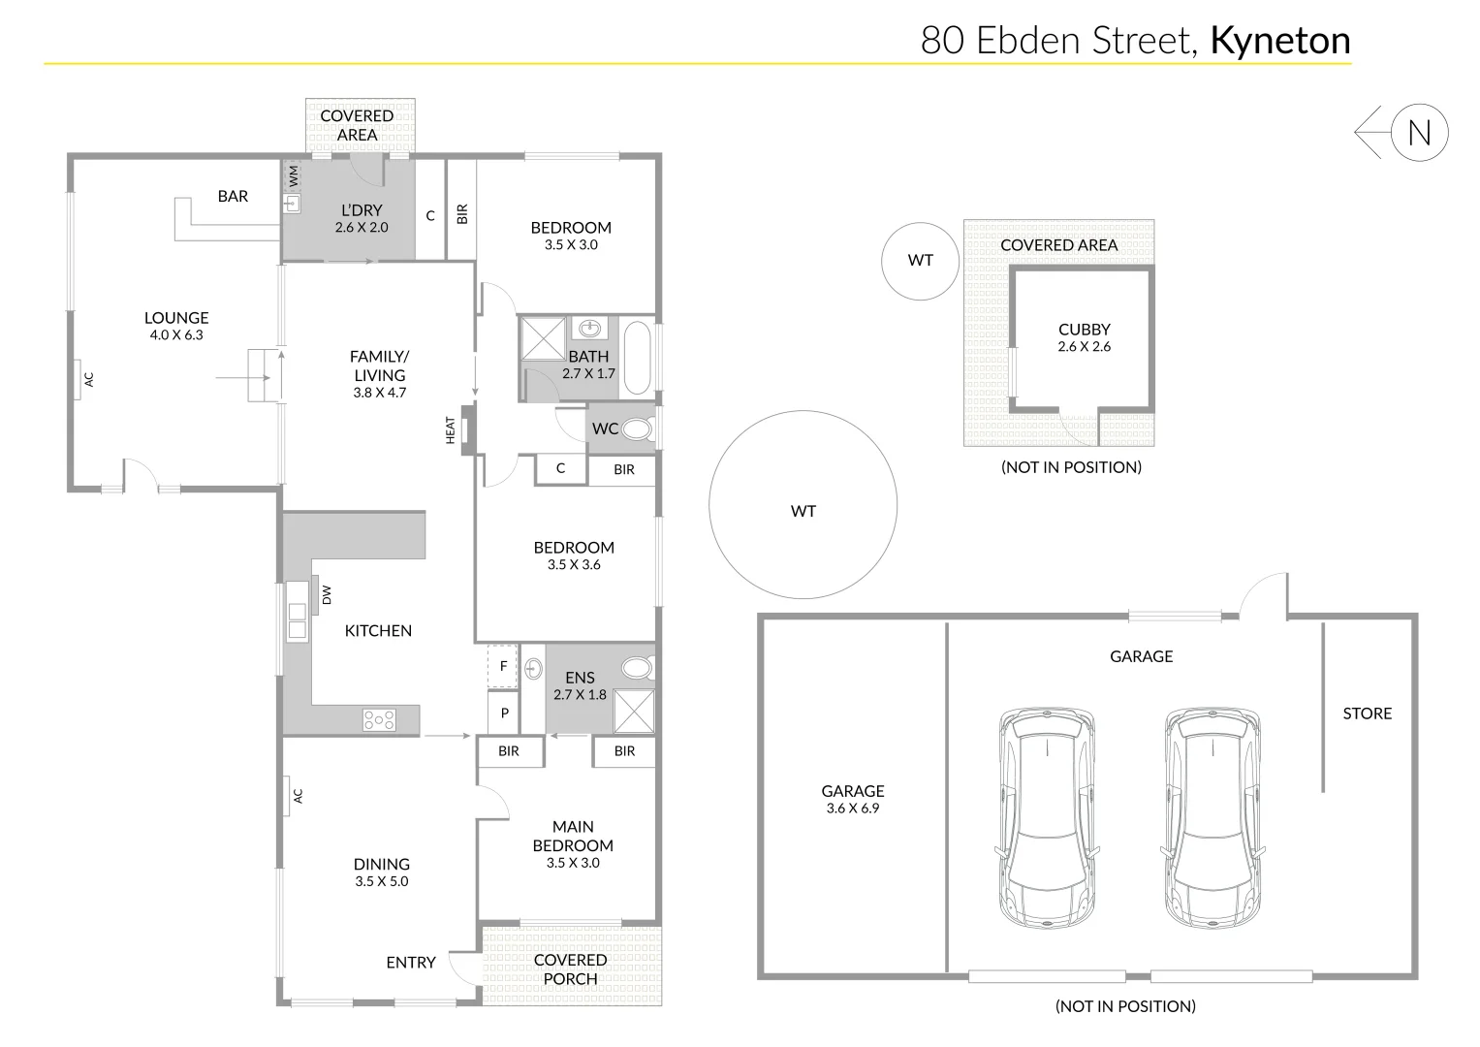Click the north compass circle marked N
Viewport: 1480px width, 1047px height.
tap(1419, 132)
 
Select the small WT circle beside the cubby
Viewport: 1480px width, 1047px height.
tap(920, 260)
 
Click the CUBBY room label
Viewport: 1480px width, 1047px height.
tap(1084, 330)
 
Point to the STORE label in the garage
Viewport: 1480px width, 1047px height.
tap(1367, 714)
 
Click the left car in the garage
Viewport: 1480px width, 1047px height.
tap(1048, 816)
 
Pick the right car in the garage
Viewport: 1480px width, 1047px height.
tap(1214, 816)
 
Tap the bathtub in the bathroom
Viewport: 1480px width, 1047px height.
tap(637, 357)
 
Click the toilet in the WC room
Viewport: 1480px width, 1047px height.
tap(637, 428)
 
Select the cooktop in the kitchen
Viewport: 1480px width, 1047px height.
tap(379, 719)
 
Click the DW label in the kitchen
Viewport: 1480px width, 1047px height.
tap(327, 594)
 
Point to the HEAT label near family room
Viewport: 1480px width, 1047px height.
tap(451, 430)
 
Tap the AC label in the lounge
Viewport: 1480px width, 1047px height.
tap(89, 379)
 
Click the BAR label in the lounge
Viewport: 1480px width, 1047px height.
tap(233, 197)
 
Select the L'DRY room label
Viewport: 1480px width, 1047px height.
tap(362, 210)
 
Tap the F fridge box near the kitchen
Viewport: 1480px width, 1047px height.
tap(503, 666)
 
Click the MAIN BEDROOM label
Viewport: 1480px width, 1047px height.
tap(573, 836)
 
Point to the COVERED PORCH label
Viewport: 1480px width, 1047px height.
tap(570, 969)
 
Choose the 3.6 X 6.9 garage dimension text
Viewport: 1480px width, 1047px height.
tap(853, 809)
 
